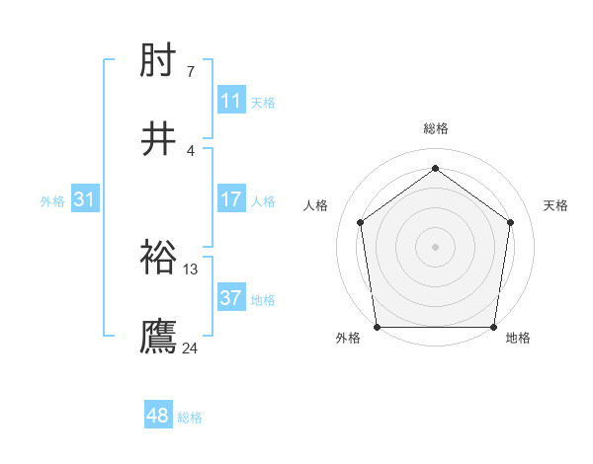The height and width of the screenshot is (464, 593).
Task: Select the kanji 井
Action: (x=159, y=139)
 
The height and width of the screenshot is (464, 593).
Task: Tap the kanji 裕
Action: (x=159, y=258)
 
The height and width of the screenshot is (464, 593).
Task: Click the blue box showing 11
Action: (x=231, y=101)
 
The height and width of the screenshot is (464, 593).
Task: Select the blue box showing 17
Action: (x=231, y=199)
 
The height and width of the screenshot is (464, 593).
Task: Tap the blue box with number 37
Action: (x=231, y=298)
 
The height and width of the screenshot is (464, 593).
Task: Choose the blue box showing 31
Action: (x=85, y=199)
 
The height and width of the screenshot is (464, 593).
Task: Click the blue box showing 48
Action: (x=158, y=417)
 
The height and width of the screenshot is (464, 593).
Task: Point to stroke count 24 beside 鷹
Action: (x=190, y=348)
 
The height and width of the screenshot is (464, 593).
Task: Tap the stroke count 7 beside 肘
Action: (x=190, y=71)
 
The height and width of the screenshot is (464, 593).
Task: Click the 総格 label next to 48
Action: (x=190, y=418)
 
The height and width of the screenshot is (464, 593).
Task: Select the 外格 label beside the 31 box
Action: (x=52, y=200)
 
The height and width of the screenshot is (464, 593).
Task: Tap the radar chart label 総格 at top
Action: (x=436, y=128)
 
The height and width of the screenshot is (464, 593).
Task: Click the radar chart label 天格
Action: (x=555, y=205)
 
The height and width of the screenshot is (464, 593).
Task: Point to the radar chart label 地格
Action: (x=518, y=338)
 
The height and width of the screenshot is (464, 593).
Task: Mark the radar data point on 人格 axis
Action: (x=360, y=222)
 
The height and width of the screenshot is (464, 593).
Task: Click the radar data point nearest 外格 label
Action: (x=377, y=327)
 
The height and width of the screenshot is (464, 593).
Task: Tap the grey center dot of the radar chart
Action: (x=436, y=246)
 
